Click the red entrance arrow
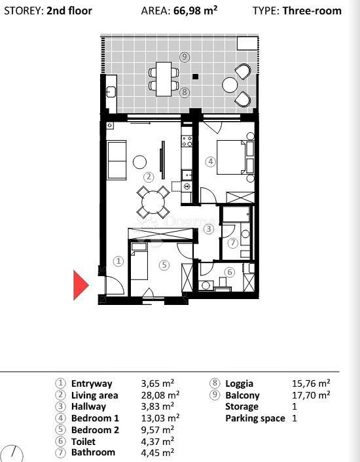point(81,285)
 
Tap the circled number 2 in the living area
point(149,176)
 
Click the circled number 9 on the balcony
point(185,58)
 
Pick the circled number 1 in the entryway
point(118,261)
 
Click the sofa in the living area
point(117,160)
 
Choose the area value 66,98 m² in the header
point(195,10)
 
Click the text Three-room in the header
point(312,10)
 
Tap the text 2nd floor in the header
point(69,10)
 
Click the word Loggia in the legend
point(240,383)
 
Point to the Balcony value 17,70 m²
point(310,395)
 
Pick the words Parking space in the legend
point(255,418)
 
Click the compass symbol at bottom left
point(12,453)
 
